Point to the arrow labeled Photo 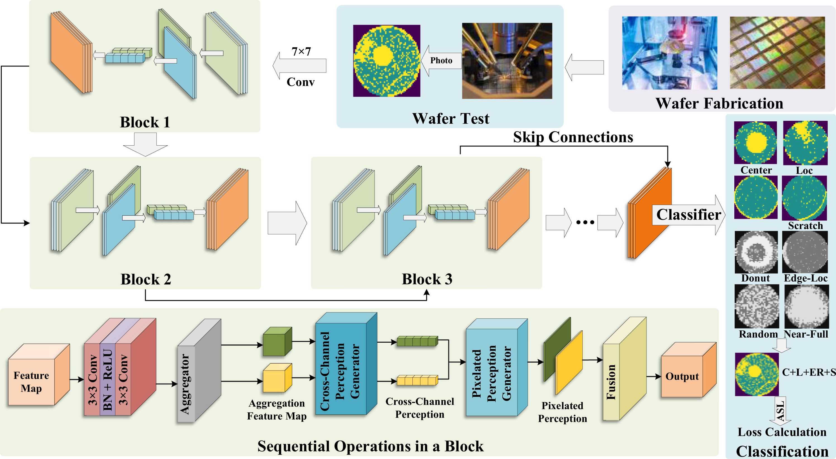(x=441, y=61)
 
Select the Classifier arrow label (x=688, y=215)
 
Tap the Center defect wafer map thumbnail (x=756, y=143)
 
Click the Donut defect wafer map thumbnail (x=756, y=252)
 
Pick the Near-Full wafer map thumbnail (x=806, y=307)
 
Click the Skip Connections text (x=573, y=137)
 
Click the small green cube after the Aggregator (x=276, y=342)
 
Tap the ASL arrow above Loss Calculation (x=780, y=411)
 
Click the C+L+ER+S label (x=808, y=372)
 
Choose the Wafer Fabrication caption (x=719, y=104)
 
